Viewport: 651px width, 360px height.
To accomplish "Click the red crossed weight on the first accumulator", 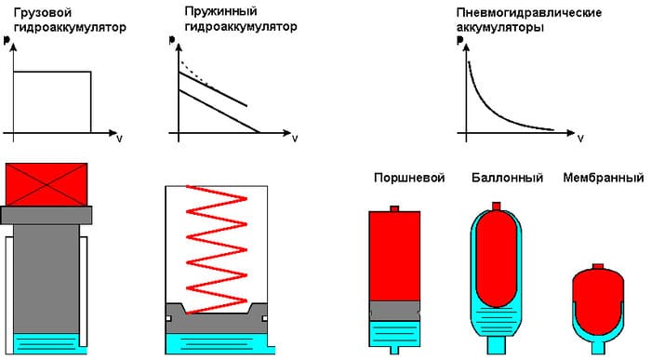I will pos(46,184).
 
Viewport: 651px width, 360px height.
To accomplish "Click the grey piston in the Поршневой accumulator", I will pos(395,310).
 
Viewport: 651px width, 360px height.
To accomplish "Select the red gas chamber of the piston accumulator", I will pos(395,256).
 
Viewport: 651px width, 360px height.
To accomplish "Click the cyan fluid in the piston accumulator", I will pos(395,331).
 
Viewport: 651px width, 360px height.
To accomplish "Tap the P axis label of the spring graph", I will pos(174,42).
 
